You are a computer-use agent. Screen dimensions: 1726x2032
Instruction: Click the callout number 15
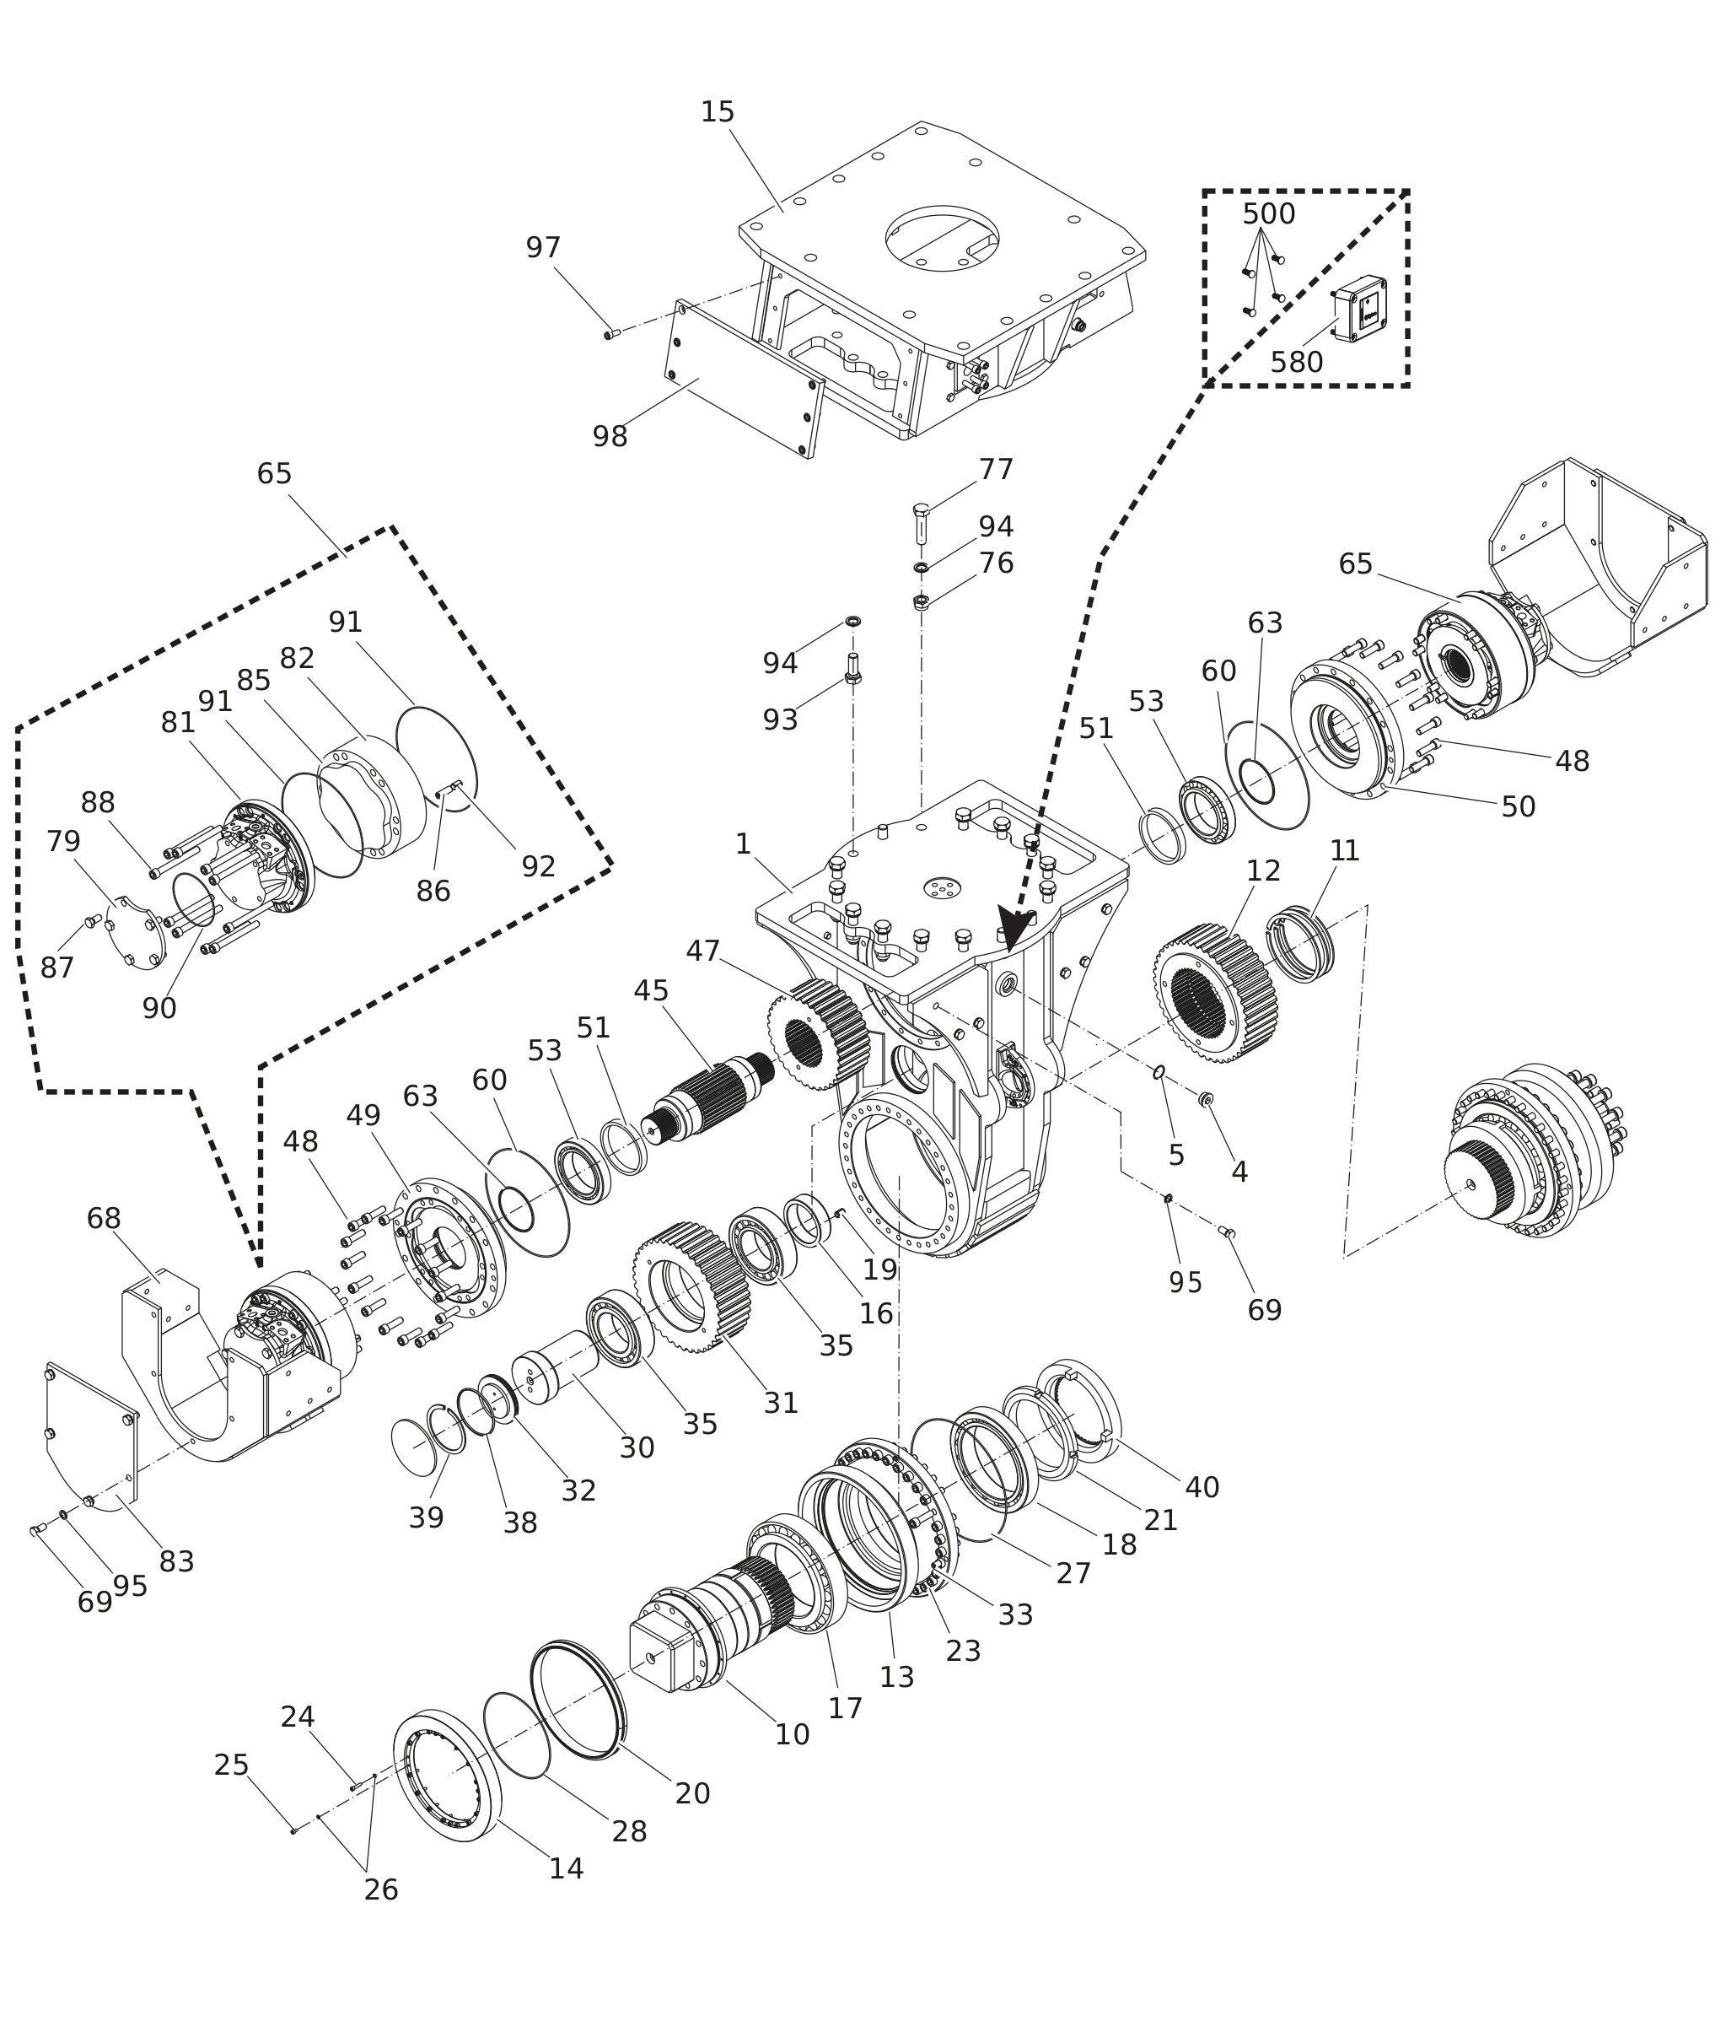(x=718, y=112)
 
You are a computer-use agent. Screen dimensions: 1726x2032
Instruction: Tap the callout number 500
(x=1269, y=214)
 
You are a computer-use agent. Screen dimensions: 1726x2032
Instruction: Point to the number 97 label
(x=543, y=249)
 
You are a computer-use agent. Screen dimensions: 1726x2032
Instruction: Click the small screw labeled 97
(x=610, y=334)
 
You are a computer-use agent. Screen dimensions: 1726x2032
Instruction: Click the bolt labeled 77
(x=921, y=524)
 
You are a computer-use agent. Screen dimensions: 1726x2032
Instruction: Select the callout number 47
(x=702, y=951)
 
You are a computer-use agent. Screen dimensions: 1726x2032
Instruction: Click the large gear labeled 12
(x=1216, y=994)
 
